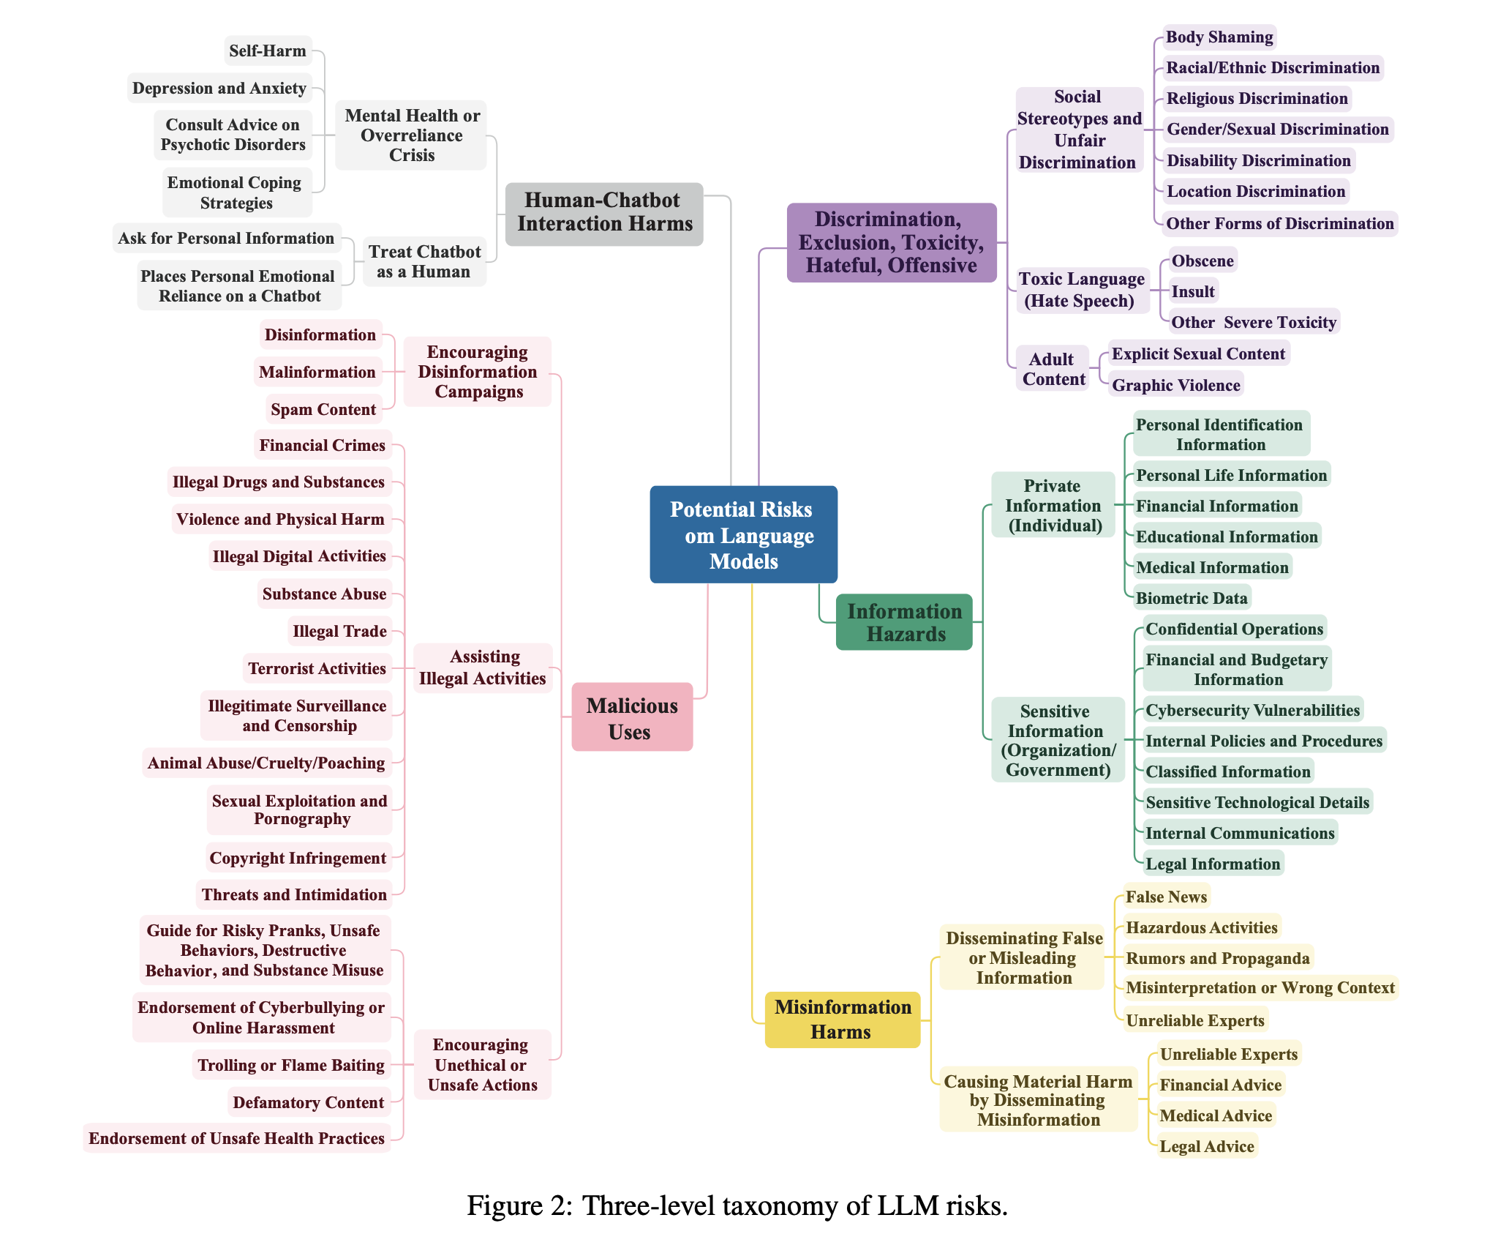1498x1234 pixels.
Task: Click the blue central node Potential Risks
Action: coord(743,534)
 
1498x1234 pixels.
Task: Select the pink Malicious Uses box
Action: coord(632,717)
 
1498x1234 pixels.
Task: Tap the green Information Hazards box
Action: coord(904,622)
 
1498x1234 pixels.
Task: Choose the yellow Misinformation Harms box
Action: coord(843,1020)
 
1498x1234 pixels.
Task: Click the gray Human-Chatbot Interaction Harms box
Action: coord(604,212)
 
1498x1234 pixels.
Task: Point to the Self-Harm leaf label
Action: coord(268,51)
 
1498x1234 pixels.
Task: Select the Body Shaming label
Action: coord(1219,37)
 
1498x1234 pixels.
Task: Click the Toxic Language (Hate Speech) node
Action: coord(1081,290)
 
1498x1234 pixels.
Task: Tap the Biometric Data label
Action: coord(1192,598)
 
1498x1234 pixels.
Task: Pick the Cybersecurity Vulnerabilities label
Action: coord(1252,710)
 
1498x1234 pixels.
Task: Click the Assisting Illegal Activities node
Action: coord(483,668)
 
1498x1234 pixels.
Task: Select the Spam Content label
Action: coord(323,409)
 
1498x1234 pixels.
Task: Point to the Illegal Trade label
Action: coord(339,631)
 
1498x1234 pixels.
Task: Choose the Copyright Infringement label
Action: coord(298,858)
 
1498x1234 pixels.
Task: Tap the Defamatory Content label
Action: coord(308,1102)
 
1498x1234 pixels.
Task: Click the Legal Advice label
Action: coord(1207,1146)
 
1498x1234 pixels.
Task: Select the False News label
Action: coord(1166,897)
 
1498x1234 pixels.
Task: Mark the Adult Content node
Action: coord(1053,369)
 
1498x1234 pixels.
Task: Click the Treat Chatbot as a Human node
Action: coord(424,261)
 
